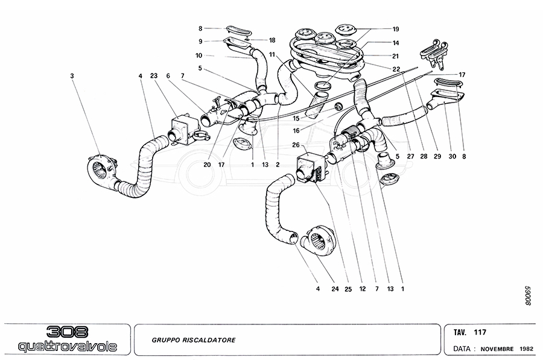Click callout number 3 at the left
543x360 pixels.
tap(72, 76)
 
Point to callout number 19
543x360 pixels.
tap(396, 29)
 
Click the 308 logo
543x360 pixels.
tap(67, 332)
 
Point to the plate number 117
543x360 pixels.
tap(480, 332)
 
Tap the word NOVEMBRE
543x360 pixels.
tap(497, 349)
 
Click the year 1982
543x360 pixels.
tap(526, 349)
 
